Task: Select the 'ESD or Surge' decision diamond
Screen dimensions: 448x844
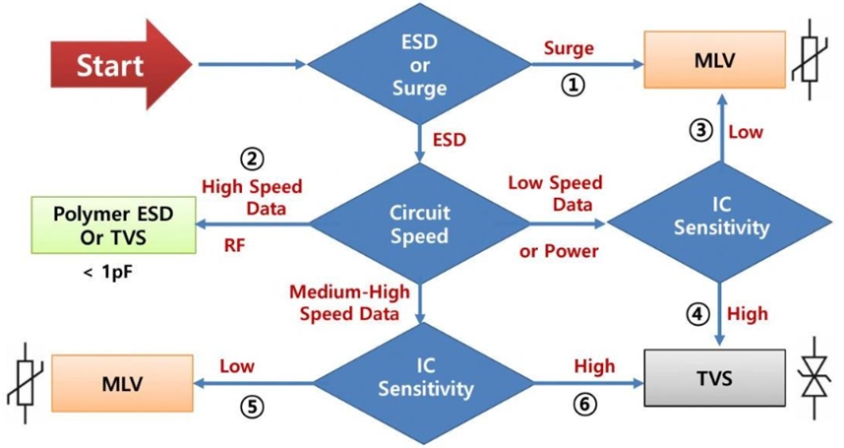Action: click(x=422, y=66)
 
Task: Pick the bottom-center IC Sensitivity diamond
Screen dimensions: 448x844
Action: click(x=422, y=380)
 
